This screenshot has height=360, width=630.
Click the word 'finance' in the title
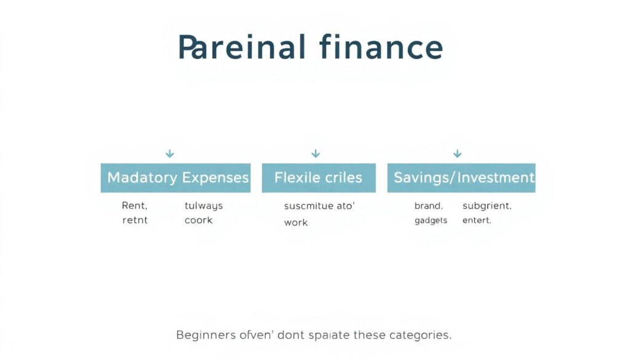(x=381, y=48)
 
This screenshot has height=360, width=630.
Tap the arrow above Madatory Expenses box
(x=170, y=153)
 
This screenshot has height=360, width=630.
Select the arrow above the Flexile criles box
(x=316, y=153)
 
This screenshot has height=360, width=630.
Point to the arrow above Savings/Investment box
(x=457, y=153)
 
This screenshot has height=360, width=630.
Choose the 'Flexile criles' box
(x=318, y=178)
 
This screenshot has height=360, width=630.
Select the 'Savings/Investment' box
(x=461, y=178)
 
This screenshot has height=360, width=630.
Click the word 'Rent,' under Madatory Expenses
(x=135, y=206)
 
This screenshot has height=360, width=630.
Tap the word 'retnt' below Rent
(x=135, y=220)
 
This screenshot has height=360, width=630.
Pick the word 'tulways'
(x=204, y=206)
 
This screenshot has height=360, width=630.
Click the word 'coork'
(x=198, y=220)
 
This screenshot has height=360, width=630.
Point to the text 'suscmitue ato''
(x=319, y=206)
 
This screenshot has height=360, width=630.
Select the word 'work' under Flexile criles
(x=296, y=222)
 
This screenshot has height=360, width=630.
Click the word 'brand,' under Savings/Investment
(x=429, y=206)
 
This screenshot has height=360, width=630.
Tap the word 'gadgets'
(x=431, y=220)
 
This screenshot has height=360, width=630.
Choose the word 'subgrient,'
(x=487, y=206)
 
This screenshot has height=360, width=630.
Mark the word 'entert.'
(x=477, y=220)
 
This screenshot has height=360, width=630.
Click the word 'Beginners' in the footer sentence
(x=205, y=335)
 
